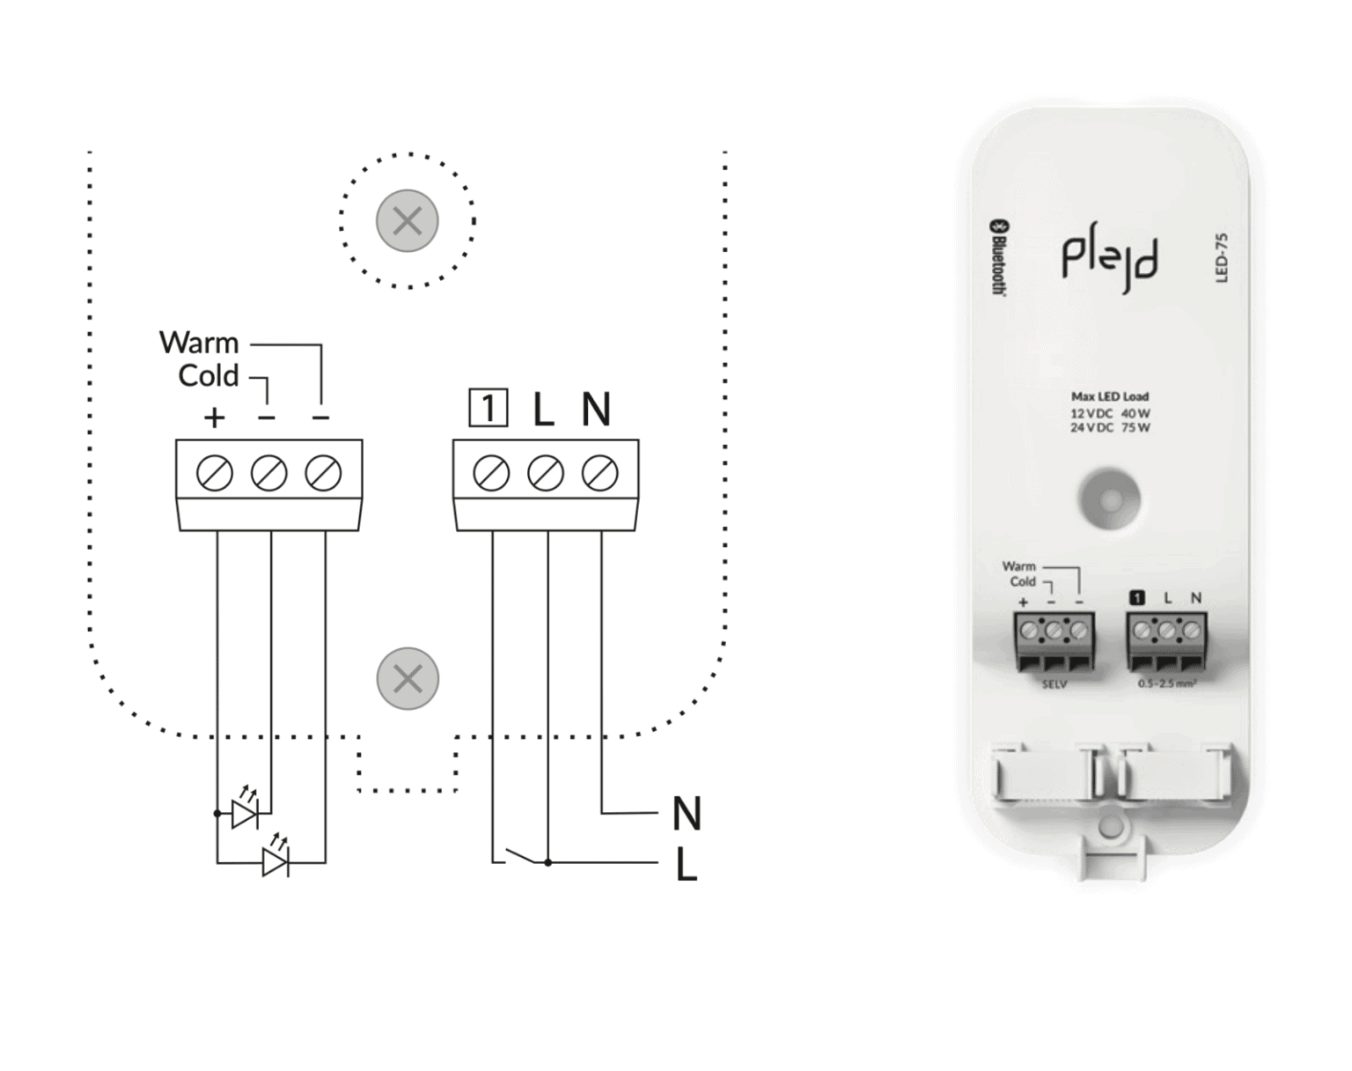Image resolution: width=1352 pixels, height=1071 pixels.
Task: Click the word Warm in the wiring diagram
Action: (199, 343)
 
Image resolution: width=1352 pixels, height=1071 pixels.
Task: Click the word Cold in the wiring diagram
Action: (209, 376)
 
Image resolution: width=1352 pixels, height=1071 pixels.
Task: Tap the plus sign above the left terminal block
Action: (214, 417)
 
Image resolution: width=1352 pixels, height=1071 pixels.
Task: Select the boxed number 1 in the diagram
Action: (488, 409)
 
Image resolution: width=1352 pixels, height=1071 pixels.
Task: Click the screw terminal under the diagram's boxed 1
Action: (491, 474)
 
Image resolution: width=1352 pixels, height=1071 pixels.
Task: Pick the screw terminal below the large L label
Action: (546, 474)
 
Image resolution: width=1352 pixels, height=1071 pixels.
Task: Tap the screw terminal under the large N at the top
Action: (600, 474)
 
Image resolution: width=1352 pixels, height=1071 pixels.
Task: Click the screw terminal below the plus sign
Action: (215, 474)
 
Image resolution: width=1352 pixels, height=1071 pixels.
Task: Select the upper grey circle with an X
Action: (408, 220)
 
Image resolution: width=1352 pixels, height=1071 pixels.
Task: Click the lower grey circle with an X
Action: (408, 679)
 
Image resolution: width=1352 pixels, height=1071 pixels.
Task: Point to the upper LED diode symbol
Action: (244, 813)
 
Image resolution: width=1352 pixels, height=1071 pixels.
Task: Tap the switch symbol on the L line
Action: (519, 856)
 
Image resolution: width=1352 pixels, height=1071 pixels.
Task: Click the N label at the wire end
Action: (686, 814)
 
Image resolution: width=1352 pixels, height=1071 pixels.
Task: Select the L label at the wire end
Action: (687, 868)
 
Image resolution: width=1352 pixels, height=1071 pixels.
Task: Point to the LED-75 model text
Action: (1221, 258)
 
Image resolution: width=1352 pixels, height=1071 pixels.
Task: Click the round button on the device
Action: (1109, 500)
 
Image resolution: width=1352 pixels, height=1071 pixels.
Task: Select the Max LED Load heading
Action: (1109, 396)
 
